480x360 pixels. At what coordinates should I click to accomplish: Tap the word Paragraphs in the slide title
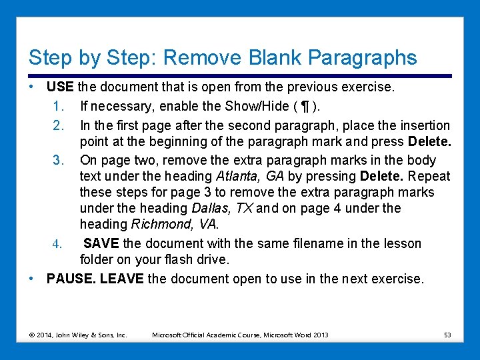(357, 57)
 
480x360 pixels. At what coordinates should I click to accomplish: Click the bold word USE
(60, 87)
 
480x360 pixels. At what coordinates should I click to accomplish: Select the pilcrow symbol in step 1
(305, 106)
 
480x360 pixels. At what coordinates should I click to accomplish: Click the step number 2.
(57, 125)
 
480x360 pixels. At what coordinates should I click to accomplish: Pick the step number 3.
(57, 160)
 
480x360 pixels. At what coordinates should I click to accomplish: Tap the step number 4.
(57, 243)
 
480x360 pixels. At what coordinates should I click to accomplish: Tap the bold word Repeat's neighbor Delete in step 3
(381, 177)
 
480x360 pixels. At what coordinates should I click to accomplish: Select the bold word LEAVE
(121, 279)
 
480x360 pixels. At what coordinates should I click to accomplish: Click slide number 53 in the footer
(447, 334)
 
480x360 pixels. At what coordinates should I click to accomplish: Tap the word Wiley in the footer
(74, 335)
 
